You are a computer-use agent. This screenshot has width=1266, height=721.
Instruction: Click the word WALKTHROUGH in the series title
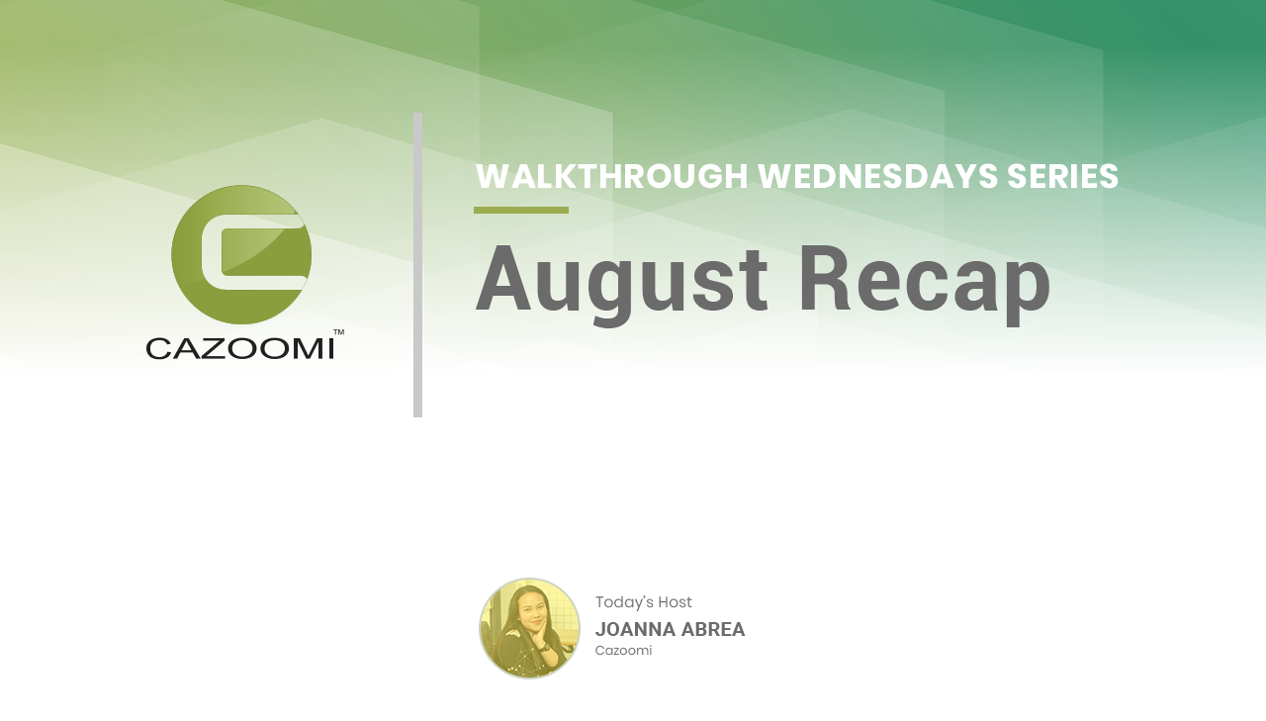click(x=612, y=176)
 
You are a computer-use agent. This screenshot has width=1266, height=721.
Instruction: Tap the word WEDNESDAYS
click(x=878, y=176)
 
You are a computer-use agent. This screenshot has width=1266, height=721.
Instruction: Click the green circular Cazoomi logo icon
click(x=241, y=255)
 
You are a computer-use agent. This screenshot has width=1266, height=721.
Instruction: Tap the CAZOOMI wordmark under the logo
click(x=240, y=348)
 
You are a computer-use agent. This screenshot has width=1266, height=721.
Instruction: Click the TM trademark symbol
click(x=338, y=332)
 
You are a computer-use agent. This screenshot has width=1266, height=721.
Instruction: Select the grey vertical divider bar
click(x=417, y=265)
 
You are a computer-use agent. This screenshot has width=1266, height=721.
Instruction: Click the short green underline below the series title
click(x=521, y=211)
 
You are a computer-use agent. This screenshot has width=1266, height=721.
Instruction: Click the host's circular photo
click(x=529, y=628)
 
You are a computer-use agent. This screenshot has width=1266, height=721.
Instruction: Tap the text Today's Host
click(x=643, y=602)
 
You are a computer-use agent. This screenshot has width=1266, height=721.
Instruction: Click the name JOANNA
click(x=635, y=629)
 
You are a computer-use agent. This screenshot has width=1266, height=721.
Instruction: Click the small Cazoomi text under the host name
click(x=623, y=651)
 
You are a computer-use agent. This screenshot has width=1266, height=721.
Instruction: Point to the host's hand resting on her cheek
click(x=544, y=640)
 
